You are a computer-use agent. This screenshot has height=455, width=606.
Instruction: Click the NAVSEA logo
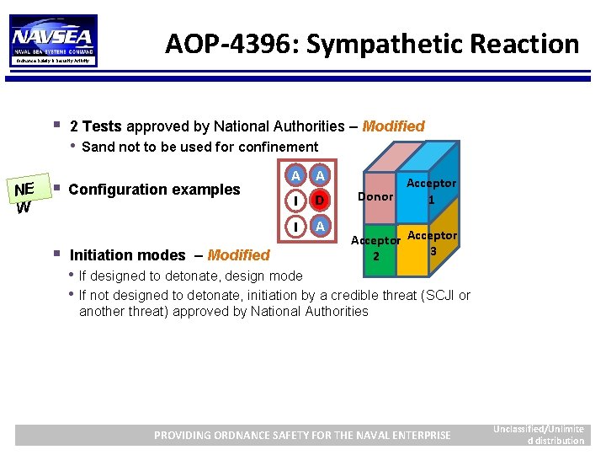click(x=52, y=40)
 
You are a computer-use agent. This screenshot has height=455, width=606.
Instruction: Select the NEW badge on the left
click(x=23, y=197)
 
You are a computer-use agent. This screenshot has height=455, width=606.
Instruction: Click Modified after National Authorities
click(x=393, y=126)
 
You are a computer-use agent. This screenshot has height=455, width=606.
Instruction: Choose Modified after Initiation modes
click(x=238, y=255)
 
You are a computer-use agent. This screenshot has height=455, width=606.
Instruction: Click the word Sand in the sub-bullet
click(x=98, y=147)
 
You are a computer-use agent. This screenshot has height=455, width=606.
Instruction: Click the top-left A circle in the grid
click(x=295, y=176)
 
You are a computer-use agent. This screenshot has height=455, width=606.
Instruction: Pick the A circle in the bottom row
click(x=318, y=227)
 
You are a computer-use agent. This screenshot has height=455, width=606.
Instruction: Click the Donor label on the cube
click(x=375, y=196)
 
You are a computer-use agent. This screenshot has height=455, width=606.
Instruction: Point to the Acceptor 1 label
click(x=431, y=191)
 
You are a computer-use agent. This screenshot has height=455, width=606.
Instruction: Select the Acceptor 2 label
click(x=375, y=248)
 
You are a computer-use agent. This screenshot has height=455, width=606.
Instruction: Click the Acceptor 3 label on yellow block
click(x=433, y=243)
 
